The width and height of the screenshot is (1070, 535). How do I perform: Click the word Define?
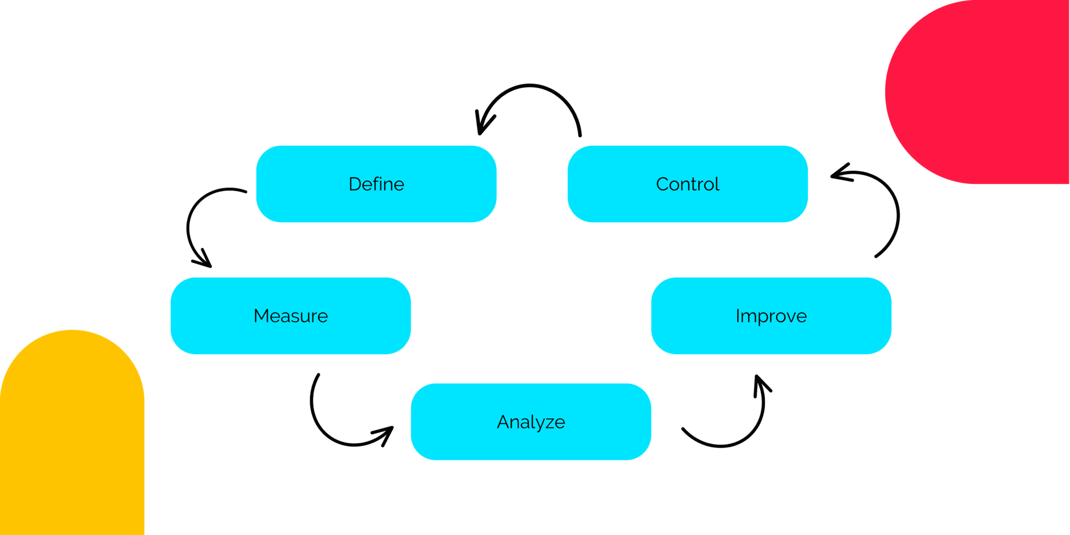click(376, 184)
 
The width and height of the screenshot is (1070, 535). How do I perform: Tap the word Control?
click(688, 184)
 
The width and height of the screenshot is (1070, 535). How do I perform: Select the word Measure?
click(290, 316)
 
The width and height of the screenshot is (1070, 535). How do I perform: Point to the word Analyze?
click(531, 422)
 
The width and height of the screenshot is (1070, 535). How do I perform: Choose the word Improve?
click(771, 316)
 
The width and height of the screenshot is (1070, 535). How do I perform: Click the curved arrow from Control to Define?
click(530, 85)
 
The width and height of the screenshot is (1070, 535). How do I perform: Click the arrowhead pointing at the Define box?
click(481, 128)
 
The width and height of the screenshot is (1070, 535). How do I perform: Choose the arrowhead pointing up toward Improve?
click(759, 381)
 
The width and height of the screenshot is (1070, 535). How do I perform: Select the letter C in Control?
click(662, 184)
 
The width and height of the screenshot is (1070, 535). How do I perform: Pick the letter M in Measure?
click(260, 316)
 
